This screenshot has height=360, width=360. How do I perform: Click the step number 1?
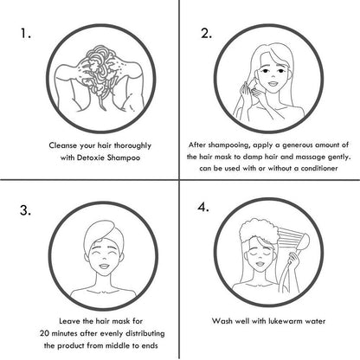point(25,34)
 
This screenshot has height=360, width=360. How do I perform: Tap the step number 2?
point(206,34)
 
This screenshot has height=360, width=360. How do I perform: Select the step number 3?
point(25,210)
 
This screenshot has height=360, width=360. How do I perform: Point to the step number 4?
point(203,207)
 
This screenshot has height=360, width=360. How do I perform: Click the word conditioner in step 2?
point(319,168)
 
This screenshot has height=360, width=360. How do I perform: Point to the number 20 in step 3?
point(44,333)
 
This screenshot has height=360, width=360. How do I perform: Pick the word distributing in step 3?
point(146,333)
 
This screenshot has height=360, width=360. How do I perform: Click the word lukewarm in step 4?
point(283,321)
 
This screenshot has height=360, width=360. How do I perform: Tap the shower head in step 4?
point(302,241)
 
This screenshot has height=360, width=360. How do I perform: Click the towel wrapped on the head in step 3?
point(101,235)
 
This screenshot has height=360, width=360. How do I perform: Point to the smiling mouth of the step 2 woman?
point(273,84)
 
